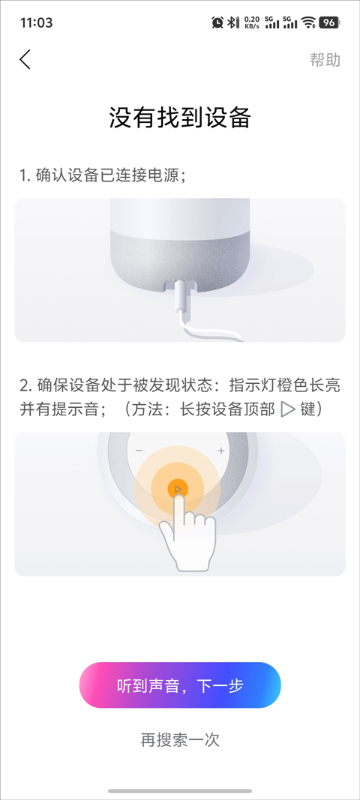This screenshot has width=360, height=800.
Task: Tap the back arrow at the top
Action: (25, 60)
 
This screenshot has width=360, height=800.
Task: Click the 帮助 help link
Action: (325, 60)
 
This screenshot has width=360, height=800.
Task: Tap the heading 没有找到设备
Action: (180, 118)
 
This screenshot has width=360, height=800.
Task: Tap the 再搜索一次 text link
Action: (180, 739)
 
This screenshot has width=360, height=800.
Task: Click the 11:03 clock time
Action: (36, 22)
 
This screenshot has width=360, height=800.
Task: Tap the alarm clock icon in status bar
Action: (217, 22)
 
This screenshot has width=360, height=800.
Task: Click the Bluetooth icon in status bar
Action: (232, 22)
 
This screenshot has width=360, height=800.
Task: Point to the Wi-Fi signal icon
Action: (308, 22)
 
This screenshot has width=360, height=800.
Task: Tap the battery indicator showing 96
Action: (328, 22)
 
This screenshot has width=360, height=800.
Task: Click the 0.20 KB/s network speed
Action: (252, 22)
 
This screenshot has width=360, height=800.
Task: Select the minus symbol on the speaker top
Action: (139, 451)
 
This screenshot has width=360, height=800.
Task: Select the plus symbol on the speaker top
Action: (221, 451)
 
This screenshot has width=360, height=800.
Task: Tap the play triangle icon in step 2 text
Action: (289, 409)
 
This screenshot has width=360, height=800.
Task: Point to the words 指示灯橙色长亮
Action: (285, 385)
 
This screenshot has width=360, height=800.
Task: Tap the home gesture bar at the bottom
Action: (180, 791)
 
